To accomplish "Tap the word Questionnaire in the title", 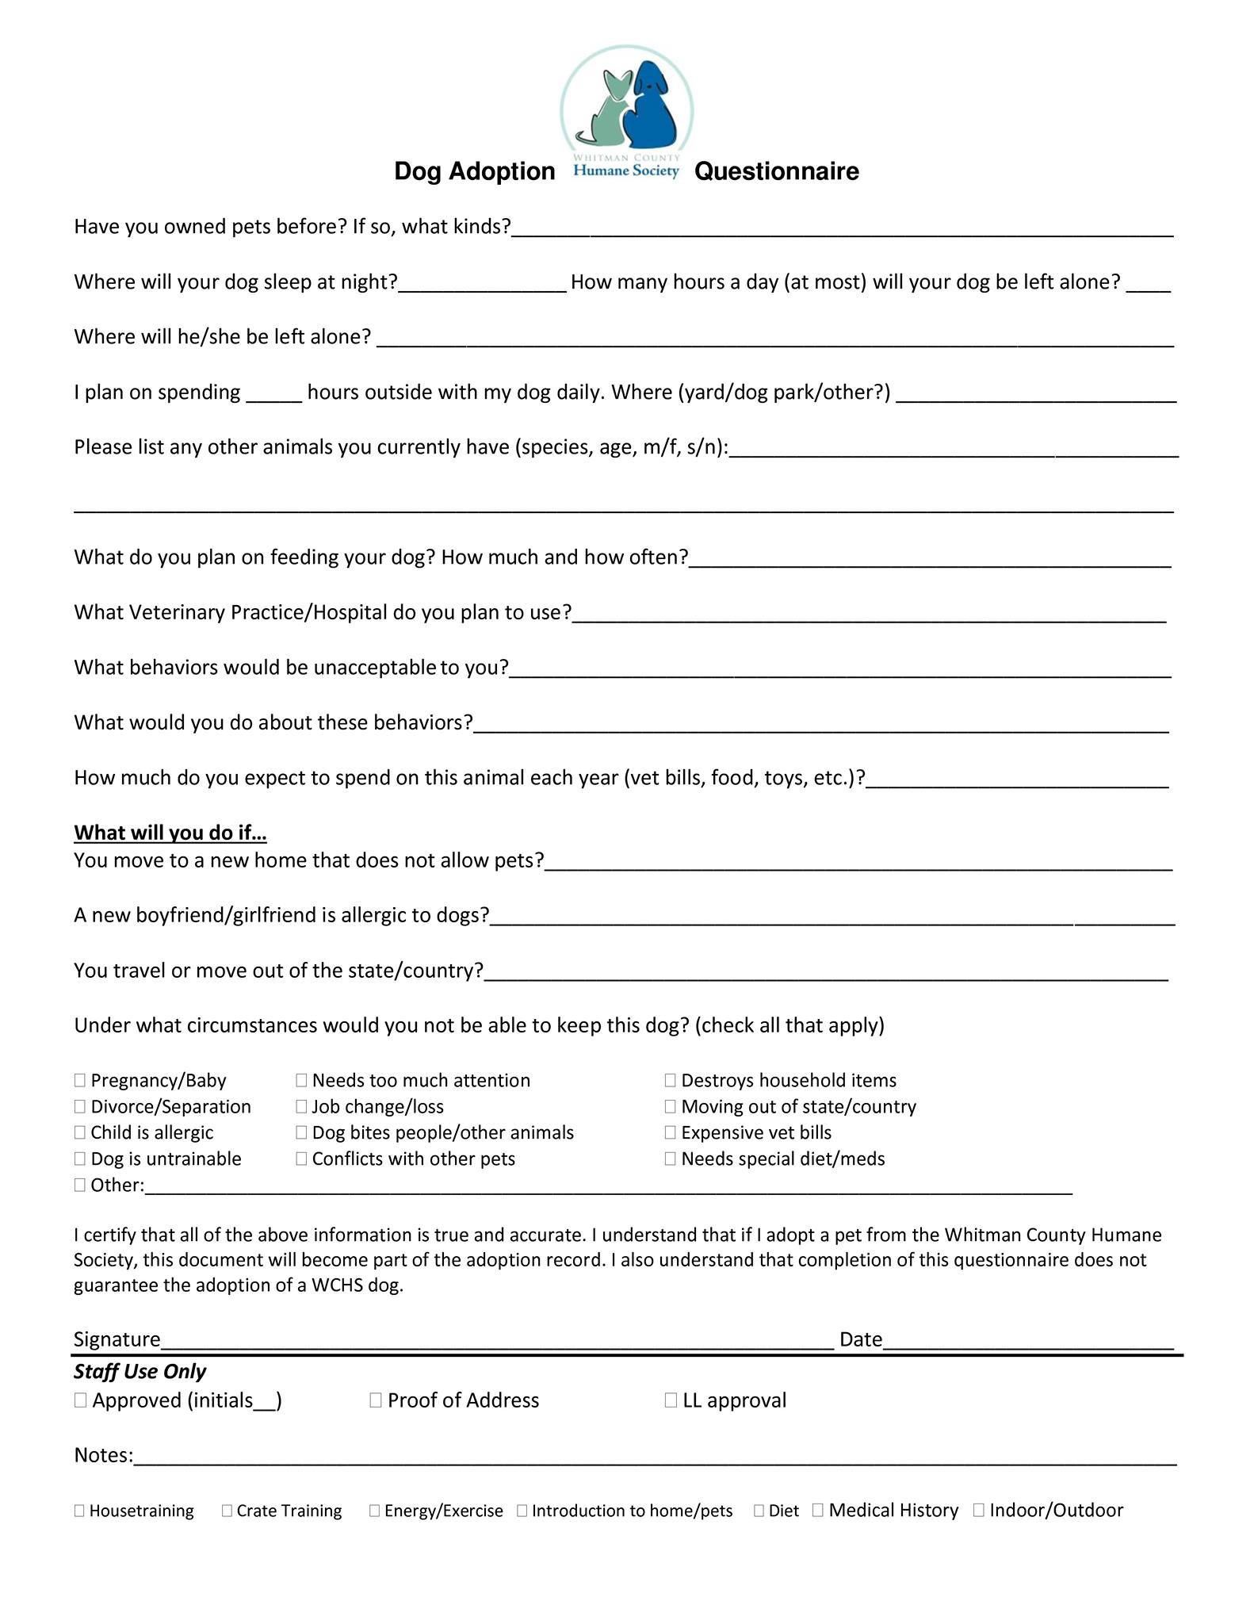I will pyautogui.click(x=776, y=171).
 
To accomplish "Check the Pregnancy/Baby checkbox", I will pyautogui.click(x=80, y=1080).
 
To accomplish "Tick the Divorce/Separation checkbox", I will pyautogui.click(x=80, y=1106).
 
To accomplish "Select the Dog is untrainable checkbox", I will pyautogui.click(x=80, y=1159).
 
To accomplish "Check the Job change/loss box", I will pyautogui.click(x=301, y=1106).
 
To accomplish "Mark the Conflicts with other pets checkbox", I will pyautogui.click(x=301, y=1159).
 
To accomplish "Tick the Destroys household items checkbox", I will pyautogui.click(x=671, y=1080).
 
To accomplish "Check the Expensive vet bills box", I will pyautogui.click(x=671, y=1132).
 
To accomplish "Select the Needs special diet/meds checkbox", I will pyautogui.click(x=671, y=1159).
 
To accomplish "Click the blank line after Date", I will pyautogui.click(x=1028, y=1341).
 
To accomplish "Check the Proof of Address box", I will pyautogui.click(x=376, y=1400).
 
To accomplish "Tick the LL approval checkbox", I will pyautogui.click(x=671, y=1400).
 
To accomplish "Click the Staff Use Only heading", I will pyautogui.click(x=140, y=1371).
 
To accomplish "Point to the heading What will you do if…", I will pyautogui.click(x=170, y=833).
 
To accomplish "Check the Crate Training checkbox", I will pyautogui.click(x=227, y=1511).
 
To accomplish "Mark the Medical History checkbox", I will pyautogui.click(x=818, y=1510).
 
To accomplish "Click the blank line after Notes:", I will pyautogui.click(x=655, y=1457).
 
